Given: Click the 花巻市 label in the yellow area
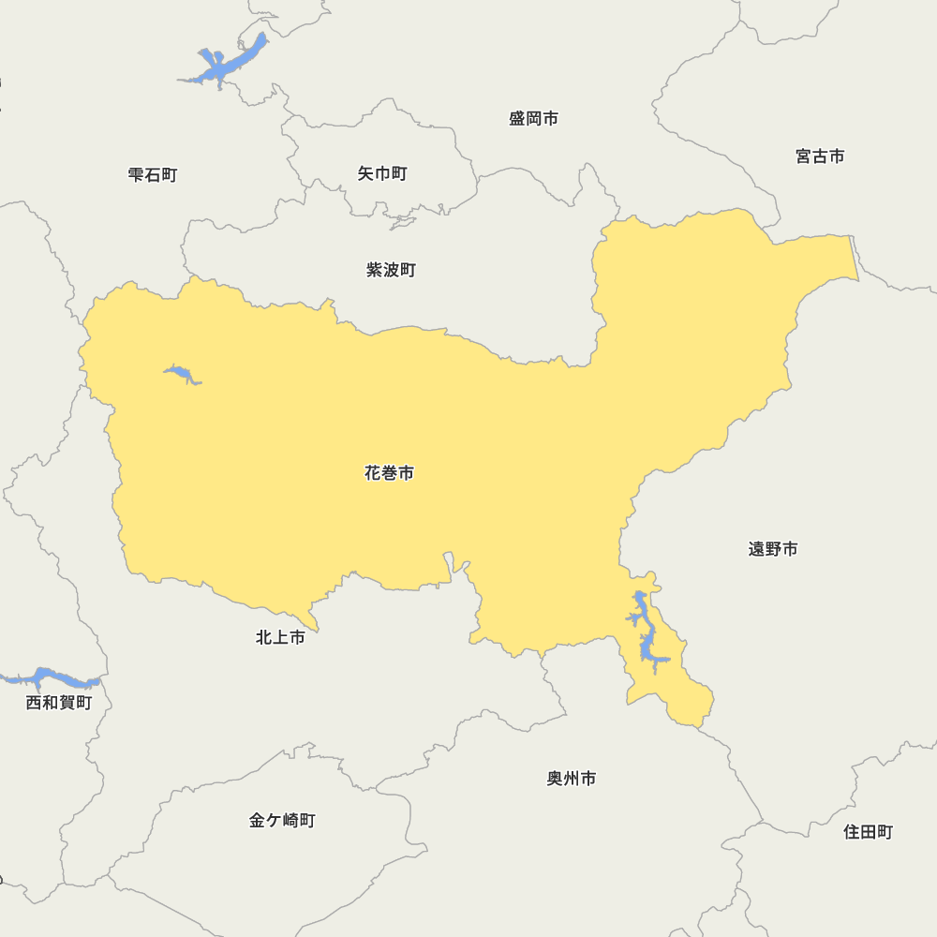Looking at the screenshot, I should [389, 473].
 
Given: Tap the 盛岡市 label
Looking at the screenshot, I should [533, 119].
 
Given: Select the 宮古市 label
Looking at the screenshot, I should [820, 156].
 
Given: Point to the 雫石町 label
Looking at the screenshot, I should [153, 174].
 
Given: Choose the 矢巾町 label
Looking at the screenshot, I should [382, 173].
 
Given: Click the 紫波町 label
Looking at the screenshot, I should [391, 270].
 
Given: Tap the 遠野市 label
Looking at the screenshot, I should [773, 549].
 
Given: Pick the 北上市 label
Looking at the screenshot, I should [280, 638].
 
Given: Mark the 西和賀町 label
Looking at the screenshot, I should [59, 703].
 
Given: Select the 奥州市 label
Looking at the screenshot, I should [572, 779].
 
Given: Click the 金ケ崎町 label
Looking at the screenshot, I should [282, 821].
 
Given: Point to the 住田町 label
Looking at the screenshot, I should [868, 832].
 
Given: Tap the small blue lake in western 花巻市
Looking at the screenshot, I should [183, 375].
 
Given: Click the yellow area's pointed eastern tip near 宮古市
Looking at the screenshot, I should [855, 276].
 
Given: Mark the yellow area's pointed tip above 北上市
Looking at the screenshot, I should [316, 629].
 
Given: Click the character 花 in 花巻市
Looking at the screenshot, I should [373, 473].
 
